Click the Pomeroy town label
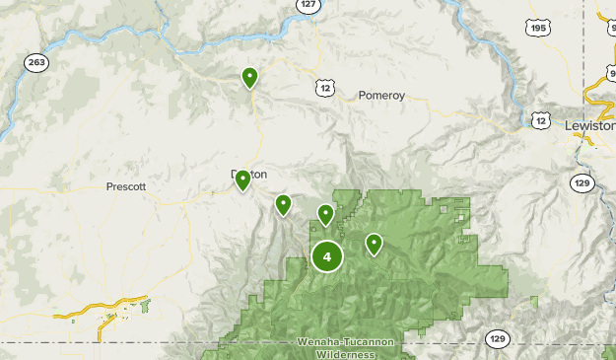[x=381, y=96]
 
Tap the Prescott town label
[x=126, y=186]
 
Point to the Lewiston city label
[x=589, y=125]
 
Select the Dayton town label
[x=249, y=174]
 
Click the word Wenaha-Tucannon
[x=345, y=342]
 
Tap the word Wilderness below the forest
[x=345, y=353]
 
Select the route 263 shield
[x=37, y=62]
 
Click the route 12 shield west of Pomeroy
[x=325, y=89]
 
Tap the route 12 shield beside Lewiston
[x=540, y=119]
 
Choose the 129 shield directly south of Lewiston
[x=581, y=183]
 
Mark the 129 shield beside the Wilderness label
[x=499, y=339]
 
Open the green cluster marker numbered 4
[x=327, y=256]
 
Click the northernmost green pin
[x=250, y=77]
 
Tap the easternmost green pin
[x=374, y=243]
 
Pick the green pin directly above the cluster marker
[x=325, y=214]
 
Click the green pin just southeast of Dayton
[x=283, y=204]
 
